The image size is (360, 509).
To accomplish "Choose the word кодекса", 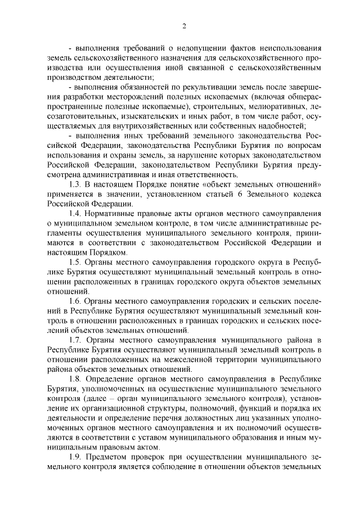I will (306, 194).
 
